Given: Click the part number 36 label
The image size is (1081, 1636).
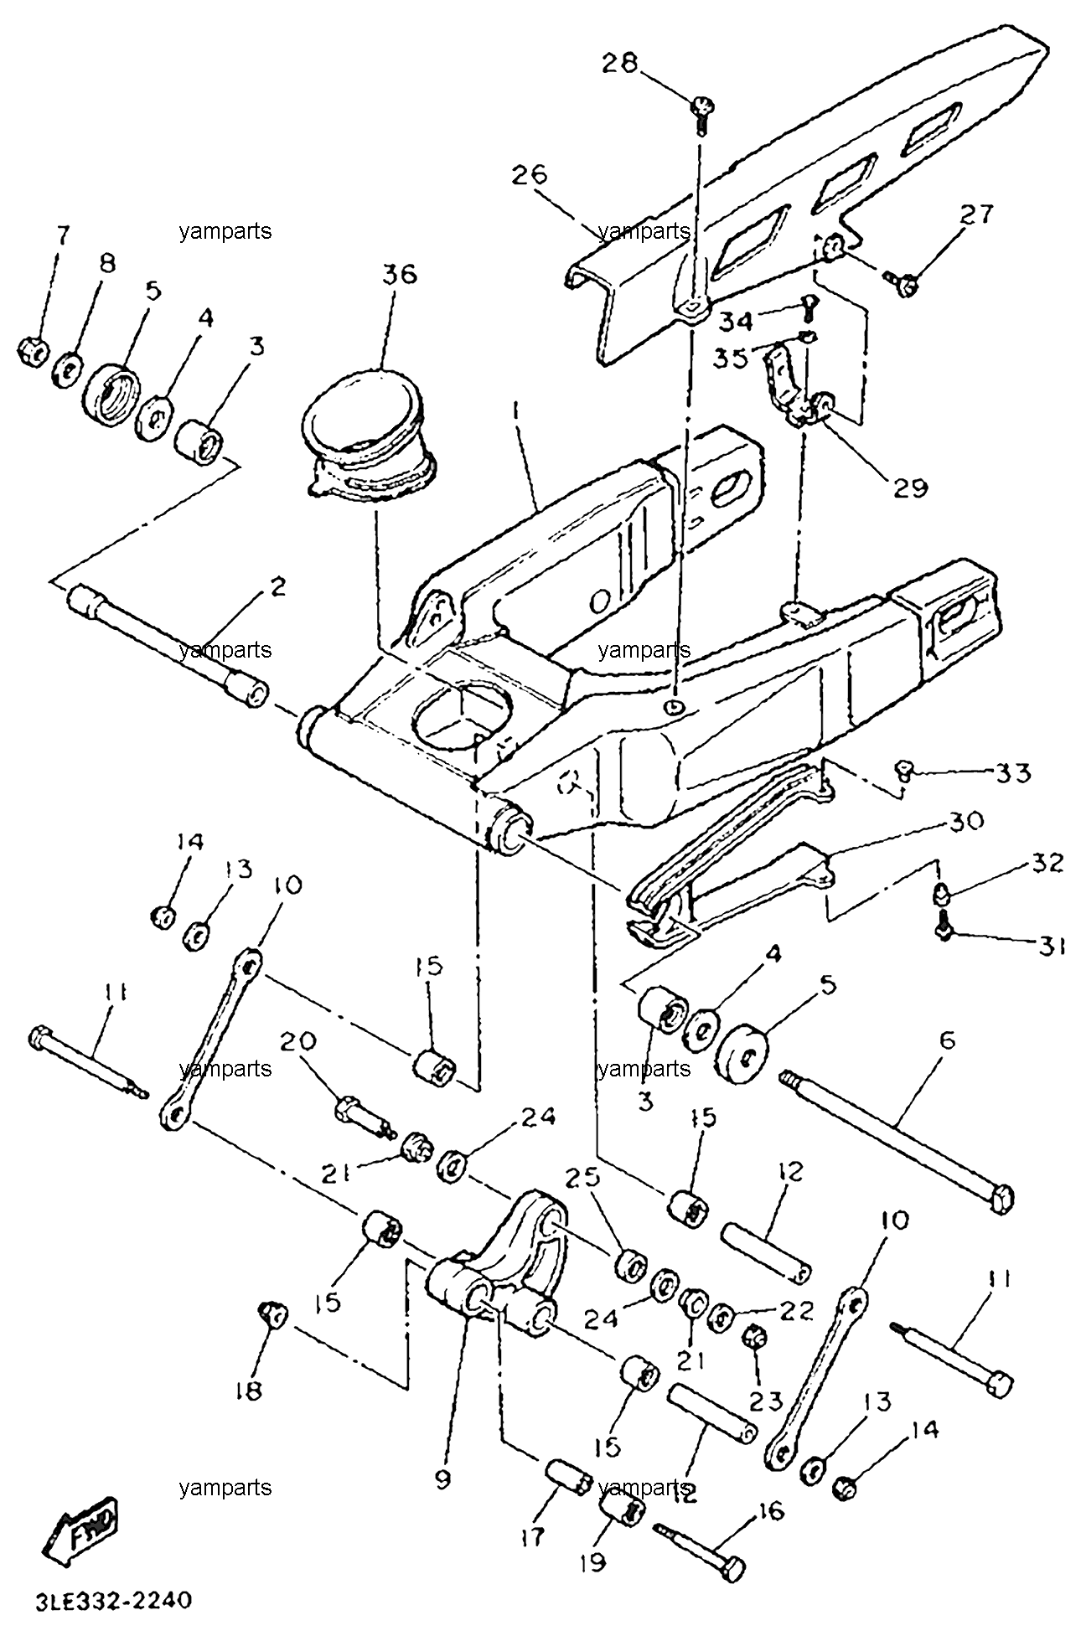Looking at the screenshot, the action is point(400,275).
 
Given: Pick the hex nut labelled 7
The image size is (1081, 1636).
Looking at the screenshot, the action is point(34,351).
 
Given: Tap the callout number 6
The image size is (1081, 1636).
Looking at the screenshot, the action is point(948,1040).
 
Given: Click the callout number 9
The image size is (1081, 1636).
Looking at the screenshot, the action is point(442,1479).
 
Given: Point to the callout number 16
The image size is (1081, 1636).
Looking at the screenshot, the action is point(770,1511).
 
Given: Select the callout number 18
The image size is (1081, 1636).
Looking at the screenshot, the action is point(249,1414).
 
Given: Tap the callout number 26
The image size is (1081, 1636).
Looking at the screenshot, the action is point(530,174).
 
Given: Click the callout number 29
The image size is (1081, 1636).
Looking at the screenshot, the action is point(909,488).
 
